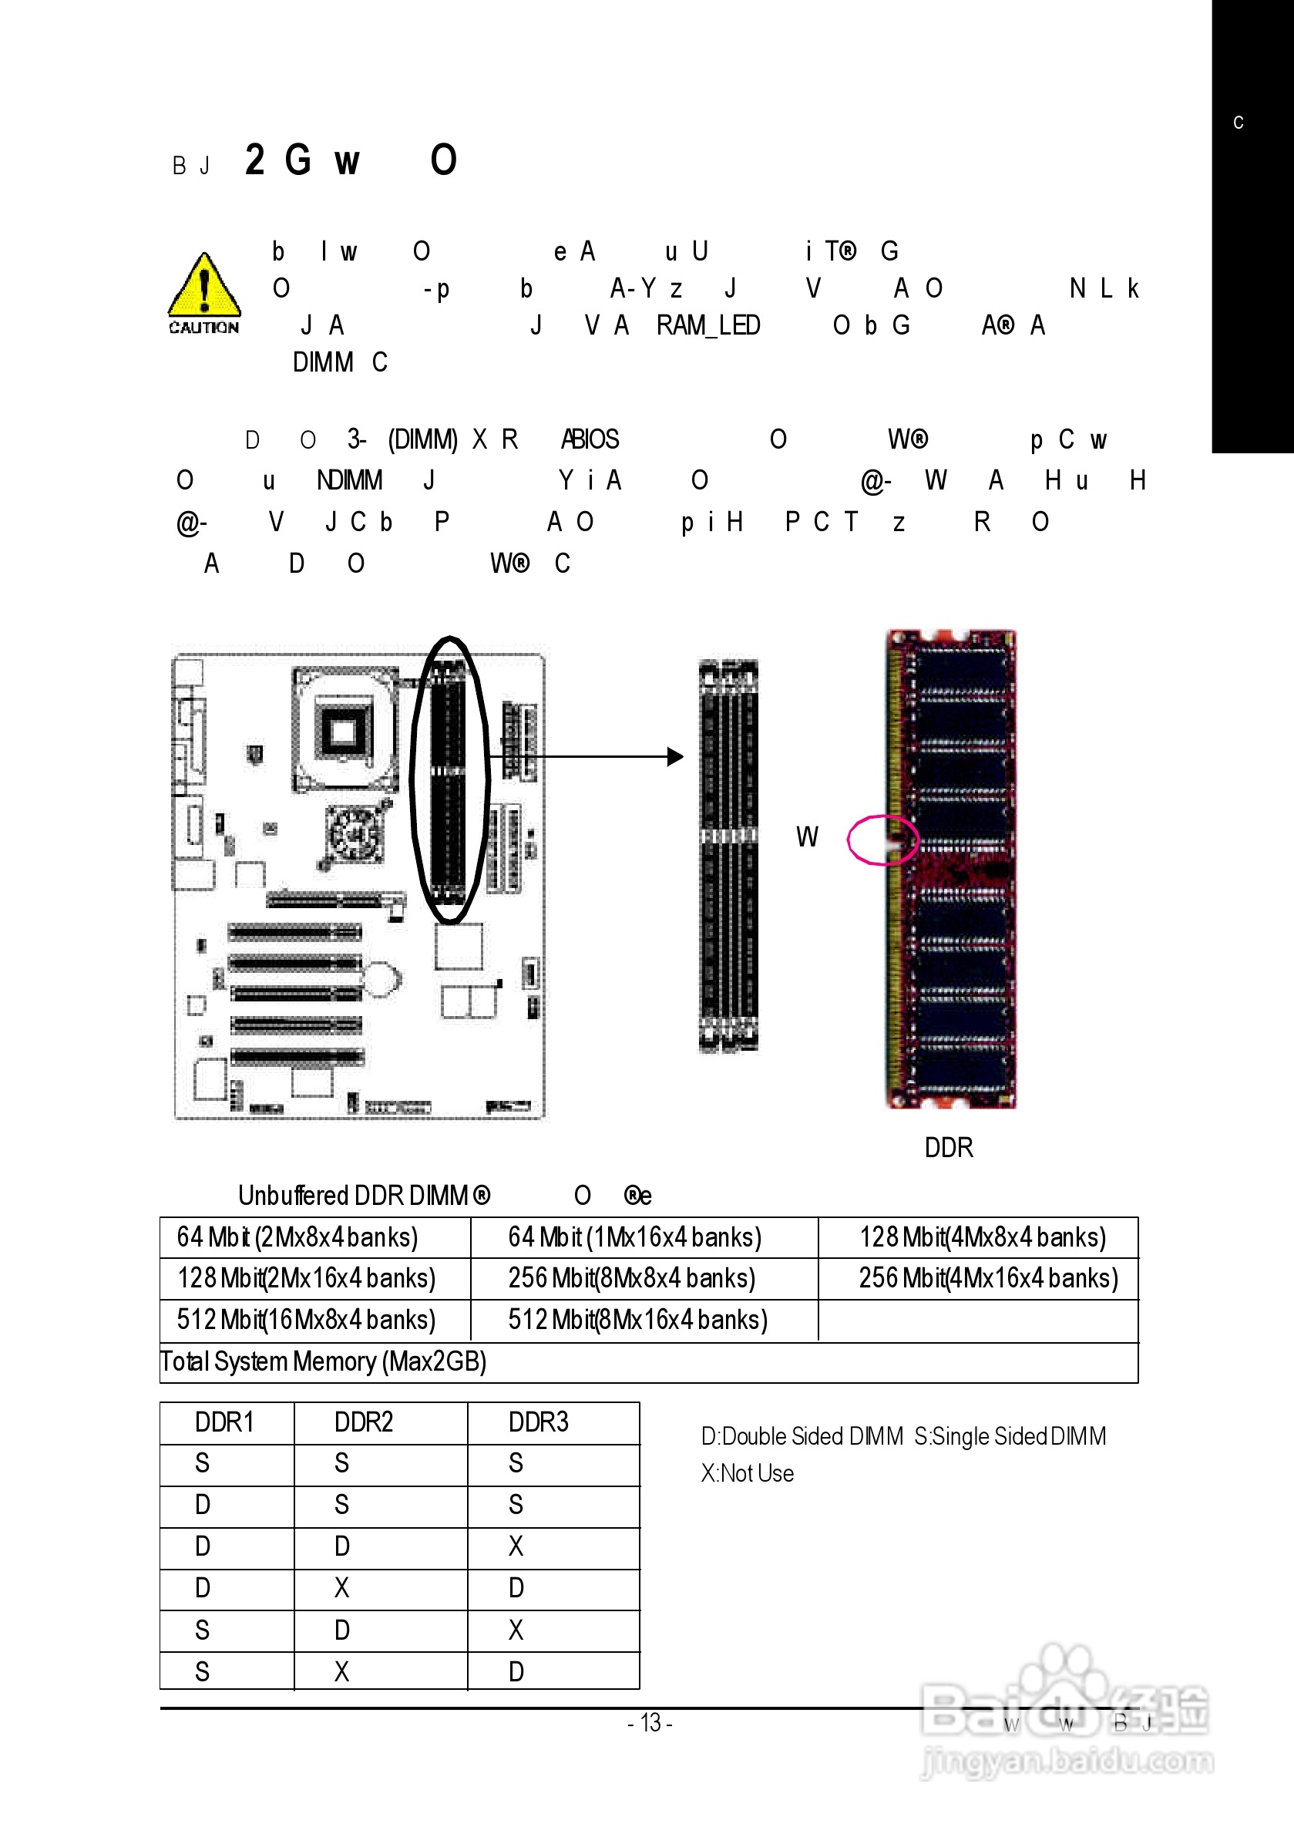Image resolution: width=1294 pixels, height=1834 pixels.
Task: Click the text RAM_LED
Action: pyautogui.click(x=707, y=325)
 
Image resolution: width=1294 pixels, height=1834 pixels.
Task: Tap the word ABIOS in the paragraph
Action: pyautogui.click(x=590, y=439)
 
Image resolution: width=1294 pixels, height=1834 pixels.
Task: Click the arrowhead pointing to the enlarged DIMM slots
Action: pyautogui.click(x=676, y=756)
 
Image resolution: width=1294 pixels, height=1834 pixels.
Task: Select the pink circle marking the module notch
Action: pyautogui.click(x=882, y=840)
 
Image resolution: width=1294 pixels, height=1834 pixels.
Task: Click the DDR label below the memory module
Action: pyautogui.click(x=948, y=1148)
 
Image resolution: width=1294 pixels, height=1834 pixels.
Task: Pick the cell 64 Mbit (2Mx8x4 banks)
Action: pyautogui.click(x=297, y=1237)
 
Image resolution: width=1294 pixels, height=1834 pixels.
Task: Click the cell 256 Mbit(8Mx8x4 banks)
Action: pyautogui.click(x=631, y=1278)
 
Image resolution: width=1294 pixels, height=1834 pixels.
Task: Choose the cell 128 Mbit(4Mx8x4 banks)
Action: pyautogui.click(x=982, y=1237)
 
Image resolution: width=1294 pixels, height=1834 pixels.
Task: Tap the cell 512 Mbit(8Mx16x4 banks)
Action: pyautogui.click(x=637, y=1320)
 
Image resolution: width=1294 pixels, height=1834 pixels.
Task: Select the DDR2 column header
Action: pyautogui.click(x=364, y=1422)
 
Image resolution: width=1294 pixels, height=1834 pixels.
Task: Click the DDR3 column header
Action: pyautogui.click(x=539, y=1422)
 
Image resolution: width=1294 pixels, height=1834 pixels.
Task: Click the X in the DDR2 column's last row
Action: pyautogui.click(x=342, y=1671)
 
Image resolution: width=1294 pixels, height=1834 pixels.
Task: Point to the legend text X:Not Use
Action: pyautogui.click(x=747, y=1473)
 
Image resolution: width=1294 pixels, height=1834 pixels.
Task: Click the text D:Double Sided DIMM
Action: pyautogui.click(x=802, y=1436)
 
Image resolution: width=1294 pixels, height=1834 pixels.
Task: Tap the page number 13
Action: pyautogui.click(x=650, y=1723)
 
